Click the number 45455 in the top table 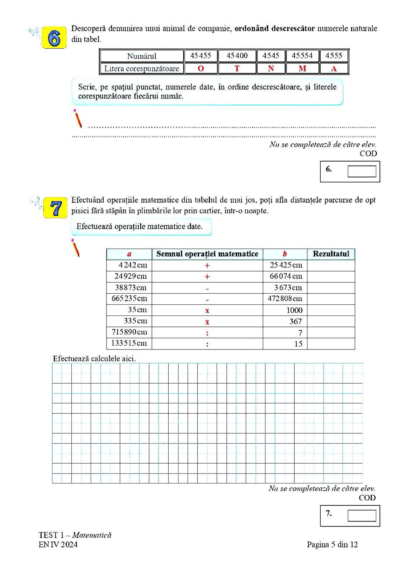coord(200,56)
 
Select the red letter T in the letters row coord(237,68)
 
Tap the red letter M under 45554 coord(302,68)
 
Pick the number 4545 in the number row coord(270,56)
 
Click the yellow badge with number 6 coord(54,37)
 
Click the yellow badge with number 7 coord(56,208)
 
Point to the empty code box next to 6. coord(362,171)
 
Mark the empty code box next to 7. coord(362,515)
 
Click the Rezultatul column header coord(331,254)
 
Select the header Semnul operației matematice coord(207,254)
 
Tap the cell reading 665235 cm coord(129,299)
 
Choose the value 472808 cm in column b coord(285,299)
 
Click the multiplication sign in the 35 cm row coord(207,310)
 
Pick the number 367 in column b coord(296,322)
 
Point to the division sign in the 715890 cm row coord(207,333)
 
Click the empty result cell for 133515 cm coord(331,344)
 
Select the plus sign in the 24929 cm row coord(207,276)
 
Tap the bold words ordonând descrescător coord(274,28)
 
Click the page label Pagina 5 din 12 coord(332,545)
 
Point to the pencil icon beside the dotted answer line coord(77,119)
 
